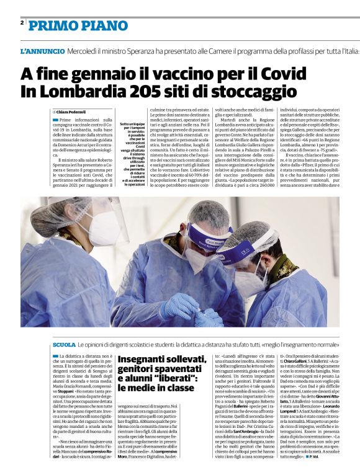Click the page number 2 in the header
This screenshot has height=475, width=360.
tap(22, 22)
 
